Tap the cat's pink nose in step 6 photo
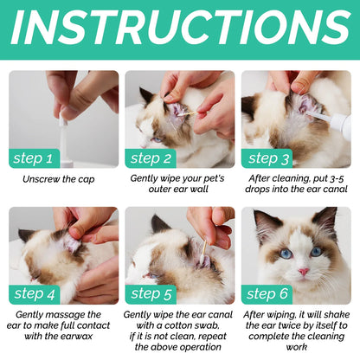point(304,271)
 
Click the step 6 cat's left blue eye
point(286,254)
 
